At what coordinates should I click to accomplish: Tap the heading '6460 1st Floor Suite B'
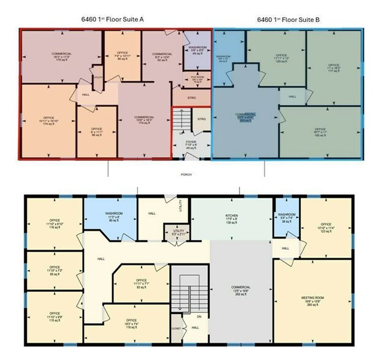coord(289,19)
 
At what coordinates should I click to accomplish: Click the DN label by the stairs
coord(198,317)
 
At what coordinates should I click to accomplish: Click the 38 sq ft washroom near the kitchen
coord(286,217)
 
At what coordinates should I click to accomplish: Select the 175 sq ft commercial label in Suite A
coord(62,57)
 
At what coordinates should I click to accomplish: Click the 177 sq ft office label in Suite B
coord(333,66)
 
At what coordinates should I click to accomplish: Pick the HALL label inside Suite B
coord(292,96)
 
